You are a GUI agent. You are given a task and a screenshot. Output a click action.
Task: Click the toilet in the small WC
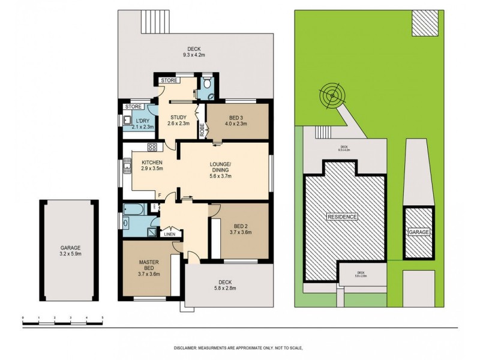[207, 85]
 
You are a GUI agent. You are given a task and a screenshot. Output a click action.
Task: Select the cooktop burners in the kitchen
[152, 147]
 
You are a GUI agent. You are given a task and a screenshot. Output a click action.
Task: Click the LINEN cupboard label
[170, 234]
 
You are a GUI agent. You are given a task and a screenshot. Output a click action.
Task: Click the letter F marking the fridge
[159, 194]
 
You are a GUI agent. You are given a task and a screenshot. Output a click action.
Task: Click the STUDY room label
[179, 117]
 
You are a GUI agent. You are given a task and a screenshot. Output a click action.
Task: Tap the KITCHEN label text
[152, 162]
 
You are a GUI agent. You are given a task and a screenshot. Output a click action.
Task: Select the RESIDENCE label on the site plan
[342, 216]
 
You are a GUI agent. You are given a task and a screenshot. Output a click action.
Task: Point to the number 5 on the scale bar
[103, 316]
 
